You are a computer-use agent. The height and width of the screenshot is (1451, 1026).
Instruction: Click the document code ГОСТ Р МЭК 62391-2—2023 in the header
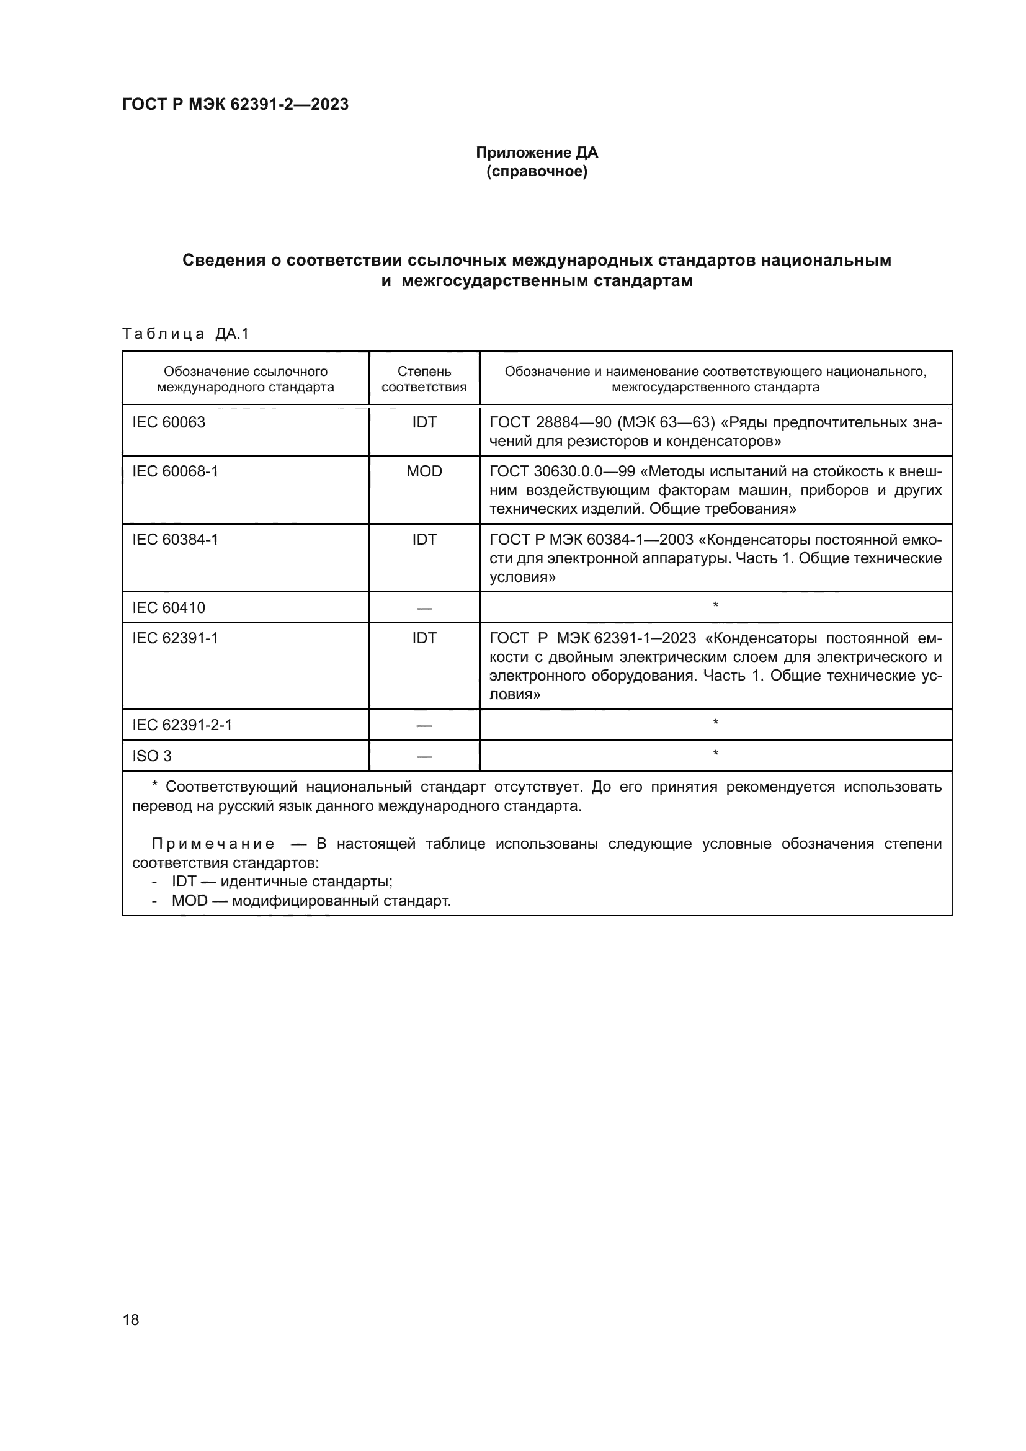coord(235,105)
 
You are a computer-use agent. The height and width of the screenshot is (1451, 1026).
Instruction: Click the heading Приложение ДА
coord(537,153)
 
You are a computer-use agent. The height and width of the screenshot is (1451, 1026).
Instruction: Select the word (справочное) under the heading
coord(537,172)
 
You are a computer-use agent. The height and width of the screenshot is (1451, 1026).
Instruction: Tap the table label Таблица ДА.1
coord(185,334)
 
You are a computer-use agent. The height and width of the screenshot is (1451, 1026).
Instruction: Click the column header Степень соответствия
coord(424,379)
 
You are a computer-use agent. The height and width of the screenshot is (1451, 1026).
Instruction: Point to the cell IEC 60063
coord(169,422)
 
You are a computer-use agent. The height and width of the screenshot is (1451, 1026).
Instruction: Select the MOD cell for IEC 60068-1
coord(424,471)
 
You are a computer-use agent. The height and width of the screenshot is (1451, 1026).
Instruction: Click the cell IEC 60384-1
coord(175,540)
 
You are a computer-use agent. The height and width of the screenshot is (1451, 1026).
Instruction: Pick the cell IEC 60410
coord(169,608)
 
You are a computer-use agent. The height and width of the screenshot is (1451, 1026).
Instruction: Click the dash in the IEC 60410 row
coord(424,609)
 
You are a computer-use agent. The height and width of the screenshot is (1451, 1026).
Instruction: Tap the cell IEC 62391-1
coord(175,638)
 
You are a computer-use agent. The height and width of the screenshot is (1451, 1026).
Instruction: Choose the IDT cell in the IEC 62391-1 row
coord(424,638)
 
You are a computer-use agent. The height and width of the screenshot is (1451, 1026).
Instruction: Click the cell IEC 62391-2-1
coord(182,725)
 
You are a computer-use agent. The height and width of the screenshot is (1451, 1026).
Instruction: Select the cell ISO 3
coord(151,756)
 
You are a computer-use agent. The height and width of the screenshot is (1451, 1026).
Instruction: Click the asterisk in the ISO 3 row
coord(715,754)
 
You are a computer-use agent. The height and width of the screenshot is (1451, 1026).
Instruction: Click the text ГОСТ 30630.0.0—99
coord(561,471)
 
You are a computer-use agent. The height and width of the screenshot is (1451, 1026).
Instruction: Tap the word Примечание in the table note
coord(213,844)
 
